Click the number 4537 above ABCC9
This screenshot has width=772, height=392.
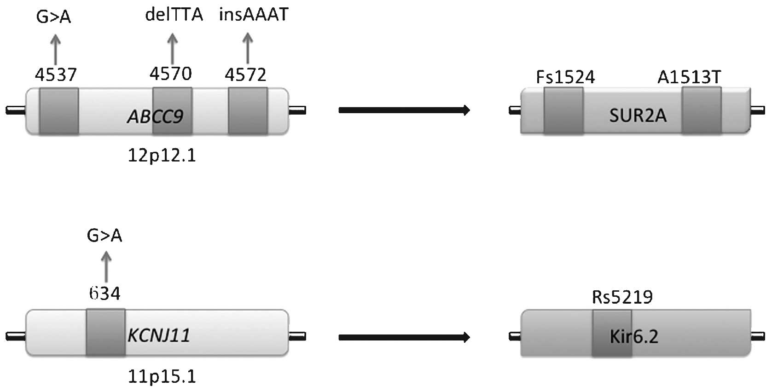56,75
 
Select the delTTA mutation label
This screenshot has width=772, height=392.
174,15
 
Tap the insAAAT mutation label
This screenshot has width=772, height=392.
254,15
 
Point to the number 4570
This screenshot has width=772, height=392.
171,74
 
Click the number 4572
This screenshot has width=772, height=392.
245,75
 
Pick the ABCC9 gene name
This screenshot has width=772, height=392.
155,117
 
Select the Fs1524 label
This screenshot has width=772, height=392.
565,77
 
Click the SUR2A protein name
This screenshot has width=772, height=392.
638,115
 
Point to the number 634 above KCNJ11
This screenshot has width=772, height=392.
105,293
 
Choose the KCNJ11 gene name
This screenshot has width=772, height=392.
158,335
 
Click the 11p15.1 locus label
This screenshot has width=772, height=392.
162,377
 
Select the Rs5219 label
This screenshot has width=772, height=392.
622,298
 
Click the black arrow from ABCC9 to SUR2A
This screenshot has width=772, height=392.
404,110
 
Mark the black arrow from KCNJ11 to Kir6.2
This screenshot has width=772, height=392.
404,337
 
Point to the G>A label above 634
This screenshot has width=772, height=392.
104,236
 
